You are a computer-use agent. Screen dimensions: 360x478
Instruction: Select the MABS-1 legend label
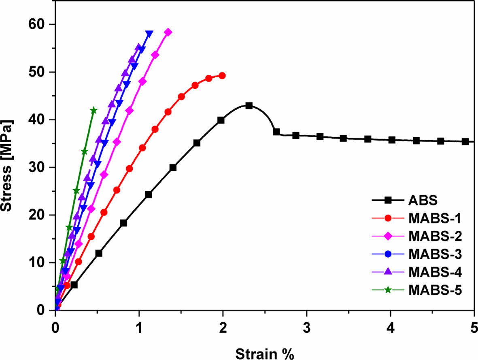click(435, 218)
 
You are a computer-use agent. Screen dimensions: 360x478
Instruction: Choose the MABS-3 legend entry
click(435, 254)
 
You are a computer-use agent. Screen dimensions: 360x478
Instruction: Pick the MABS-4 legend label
click(435, 272)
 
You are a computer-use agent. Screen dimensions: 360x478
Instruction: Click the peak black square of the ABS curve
click(249, 106)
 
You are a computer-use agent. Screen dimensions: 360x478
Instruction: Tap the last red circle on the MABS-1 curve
click(222, 75)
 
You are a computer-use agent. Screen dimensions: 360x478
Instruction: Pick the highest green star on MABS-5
click(93, 110)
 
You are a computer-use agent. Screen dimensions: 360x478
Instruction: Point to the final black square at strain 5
click(465, 141)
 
